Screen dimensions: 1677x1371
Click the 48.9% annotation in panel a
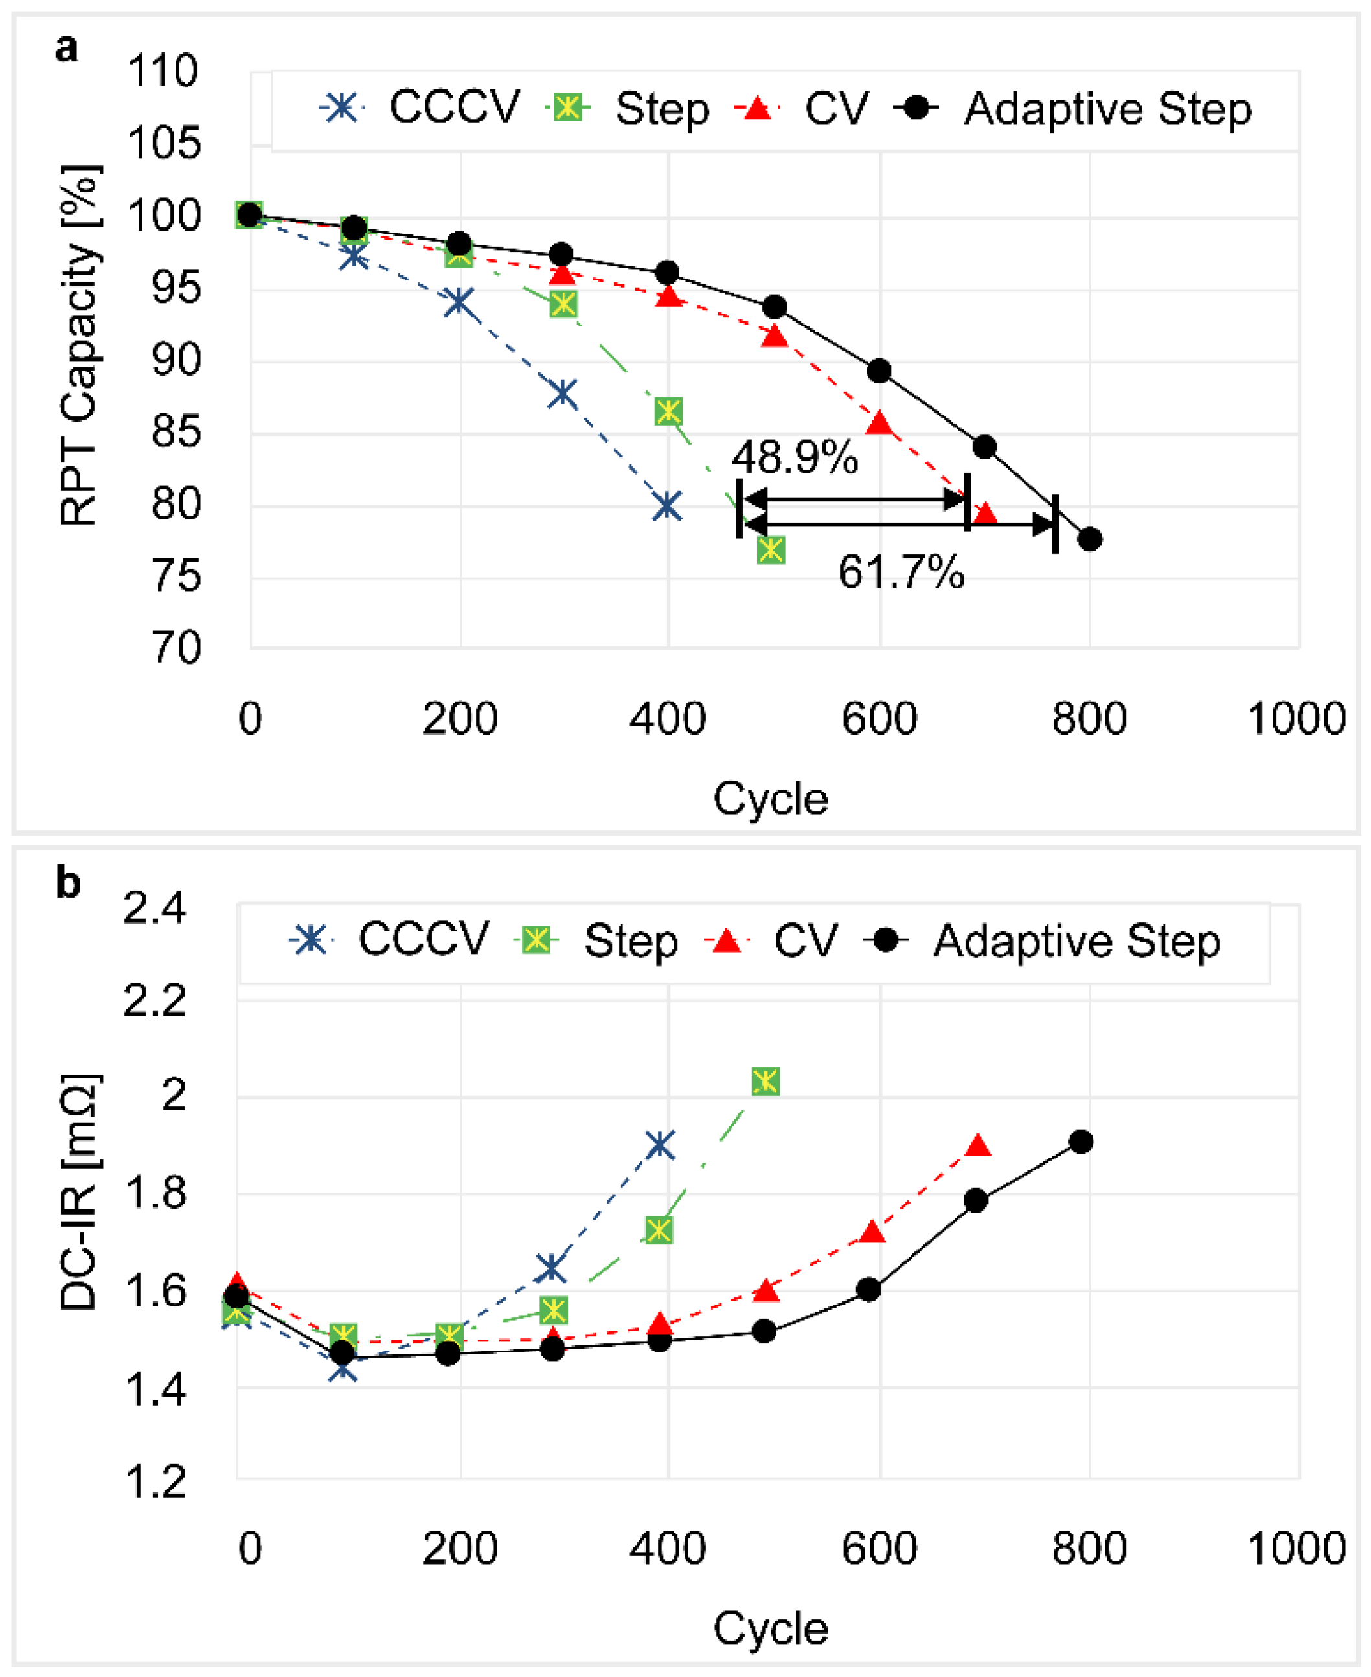click(794, 457)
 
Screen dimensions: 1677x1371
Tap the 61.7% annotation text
click(900, 572)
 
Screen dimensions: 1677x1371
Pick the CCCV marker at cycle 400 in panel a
click(667, 507)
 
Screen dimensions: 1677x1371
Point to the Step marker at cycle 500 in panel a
click(771, 550)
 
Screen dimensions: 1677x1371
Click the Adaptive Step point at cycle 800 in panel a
click(1090, 540)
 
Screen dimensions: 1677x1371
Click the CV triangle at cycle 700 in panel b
click(978, 1146)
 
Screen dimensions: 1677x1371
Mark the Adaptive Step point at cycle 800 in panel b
click(1081, 1141)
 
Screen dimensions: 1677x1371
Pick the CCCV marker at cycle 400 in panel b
click(660, 1145)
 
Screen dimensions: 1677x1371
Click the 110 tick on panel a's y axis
click(162, 71)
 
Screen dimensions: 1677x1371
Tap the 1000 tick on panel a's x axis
click(1296, 719)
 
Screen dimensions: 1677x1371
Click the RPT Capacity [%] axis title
click(79, 345)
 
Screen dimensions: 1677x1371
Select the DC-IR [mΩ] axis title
click(79, 1192)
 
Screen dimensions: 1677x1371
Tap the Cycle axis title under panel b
click(771, 1629)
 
